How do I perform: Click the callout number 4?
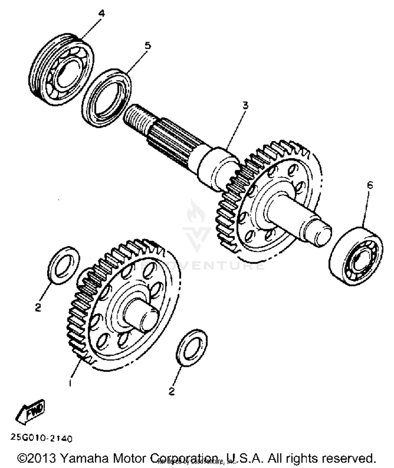click(x=102, y=13)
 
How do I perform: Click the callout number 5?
click(x=148, y=46)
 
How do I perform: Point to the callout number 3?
click(x=245, y=106)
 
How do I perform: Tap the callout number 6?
click(x=370, y=185)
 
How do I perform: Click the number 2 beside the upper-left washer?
click(x=38, y=307)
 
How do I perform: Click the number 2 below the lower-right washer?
click(x=172, y=391)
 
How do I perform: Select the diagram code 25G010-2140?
click(x=41, y=438)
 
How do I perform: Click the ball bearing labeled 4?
click(x=61, y=70)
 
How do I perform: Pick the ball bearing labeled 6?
click(x=356, y=256)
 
